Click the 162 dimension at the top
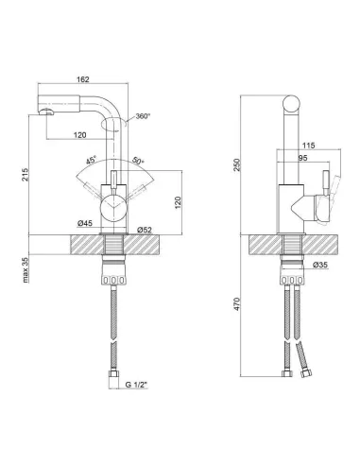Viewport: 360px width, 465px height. [83, 79]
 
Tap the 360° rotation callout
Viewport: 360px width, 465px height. [143, 116]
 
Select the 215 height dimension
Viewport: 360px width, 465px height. [25, 175]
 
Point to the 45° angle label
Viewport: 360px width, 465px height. [92, 161]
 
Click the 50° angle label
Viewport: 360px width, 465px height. [138, 161]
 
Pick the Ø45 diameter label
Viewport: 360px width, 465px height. [85, 223]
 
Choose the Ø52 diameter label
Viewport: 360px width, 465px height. [145, 231]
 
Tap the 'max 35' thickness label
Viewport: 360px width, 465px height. [26, 270]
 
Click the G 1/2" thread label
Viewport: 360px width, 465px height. [136, 385]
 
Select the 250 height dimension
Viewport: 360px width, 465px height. [237, 164]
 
